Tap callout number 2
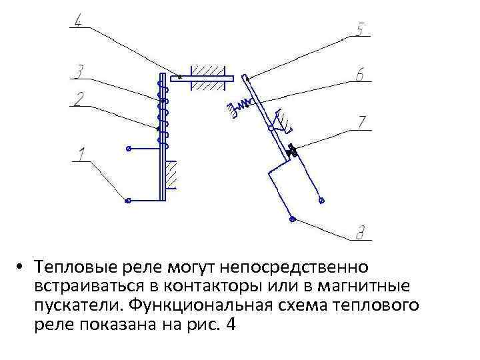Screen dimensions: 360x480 coord(79,99)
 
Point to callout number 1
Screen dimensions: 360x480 coord(81,155)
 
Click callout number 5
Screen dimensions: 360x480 coord(360,30)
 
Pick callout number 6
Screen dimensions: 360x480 coord(360,76)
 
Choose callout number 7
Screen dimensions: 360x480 coord(361,123)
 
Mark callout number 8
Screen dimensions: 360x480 coord(360,233)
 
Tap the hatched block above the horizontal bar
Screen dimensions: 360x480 coord(209,70)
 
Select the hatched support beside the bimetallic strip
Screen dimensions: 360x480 coord(172,175)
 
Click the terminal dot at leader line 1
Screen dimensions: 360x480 coord(128,200)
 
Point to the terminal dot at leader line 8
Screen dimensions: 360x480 coord(291,217)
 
